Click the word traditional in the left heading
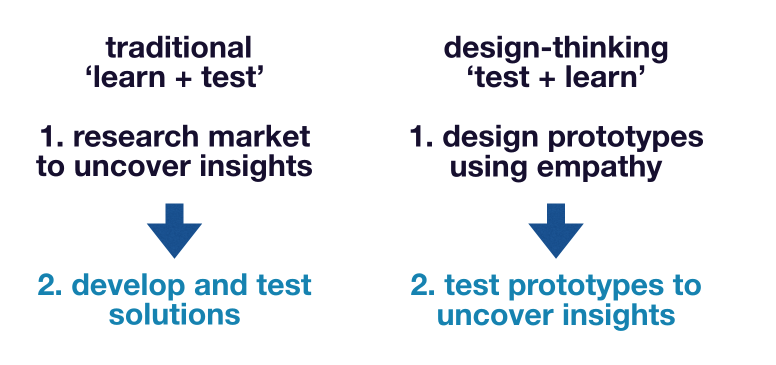179,47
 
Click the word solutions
174,314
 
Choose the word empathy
599,168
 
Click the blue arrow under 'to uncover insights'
174,230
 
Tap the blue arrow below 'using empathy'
556,230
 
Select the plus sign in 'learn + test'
183,78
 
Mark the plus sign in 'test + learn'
547,78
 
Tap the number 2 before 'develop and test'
45,284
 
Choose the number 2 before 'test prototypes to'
418,284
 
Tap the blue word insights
618,314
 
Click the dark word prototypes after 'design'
625,138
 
